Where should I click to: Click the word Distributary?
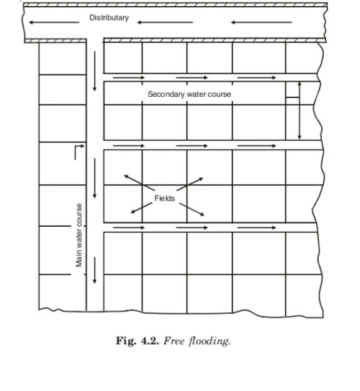(109, 17)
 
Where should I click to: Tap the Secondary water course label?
(189, 94)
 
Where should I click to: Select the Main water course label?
(79, 235)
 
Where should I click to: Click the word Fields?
(164, 198)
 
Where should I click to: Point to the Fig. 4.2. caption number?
(137, 340)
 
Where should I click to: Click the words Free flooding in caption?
(197, 341)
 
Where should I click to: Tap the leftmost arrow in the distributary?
(54, 22)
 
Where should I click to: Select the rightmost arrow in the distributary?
(261, 22)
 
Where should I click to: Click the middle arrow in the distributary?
(165, 22)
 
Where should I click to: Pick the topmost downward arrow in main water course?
(94, 71)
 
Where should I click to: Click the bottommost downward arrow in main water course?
(94, 270)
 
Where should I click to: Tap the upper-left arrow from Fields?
(139, 182)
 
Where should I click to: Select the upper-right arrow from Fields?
(190, 184)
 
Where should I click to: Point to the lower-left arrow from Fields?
(141, 208)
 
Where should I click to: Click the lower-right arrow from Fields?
(192, 209)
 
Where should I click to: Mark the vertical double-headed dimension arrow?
(299, 111)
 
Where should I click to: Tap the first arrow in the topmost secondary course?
(129, 77)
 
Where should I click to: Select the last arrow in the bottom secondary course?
(257, 227)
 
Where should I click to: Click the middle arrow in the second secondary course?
(192, 146)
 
